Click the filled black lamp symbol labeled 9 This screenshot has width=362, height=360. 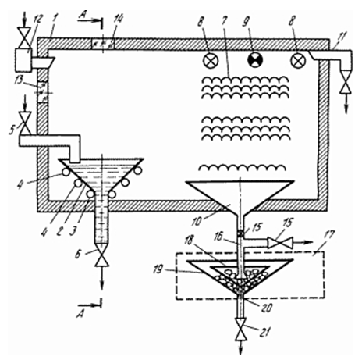pyautogui.click(x=255, y=60)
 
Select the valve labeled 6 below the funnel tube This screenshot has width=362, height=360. pyautogui.click(x=101, y=257)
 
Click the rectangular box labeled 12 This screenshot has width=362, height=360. pyautogui.click(x=23, y=59)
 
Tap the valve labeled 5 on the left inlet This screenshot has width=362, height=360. pyautogui.click(x=25, y=123)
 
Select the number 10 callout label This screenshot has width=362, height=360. pyautogui.click(x=197, y=221)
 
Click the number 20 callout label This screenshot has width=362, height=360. pyautogui.click(x=268, y=308)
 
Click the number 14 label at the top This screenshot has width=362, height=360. pyautogui.click(x=119, y=20)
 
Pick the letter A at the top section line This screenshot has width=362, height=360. pyautogui.click(x=83, y=16)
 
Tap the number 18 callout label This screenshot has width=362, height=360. pyautogui.click(x=189, y=240)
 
